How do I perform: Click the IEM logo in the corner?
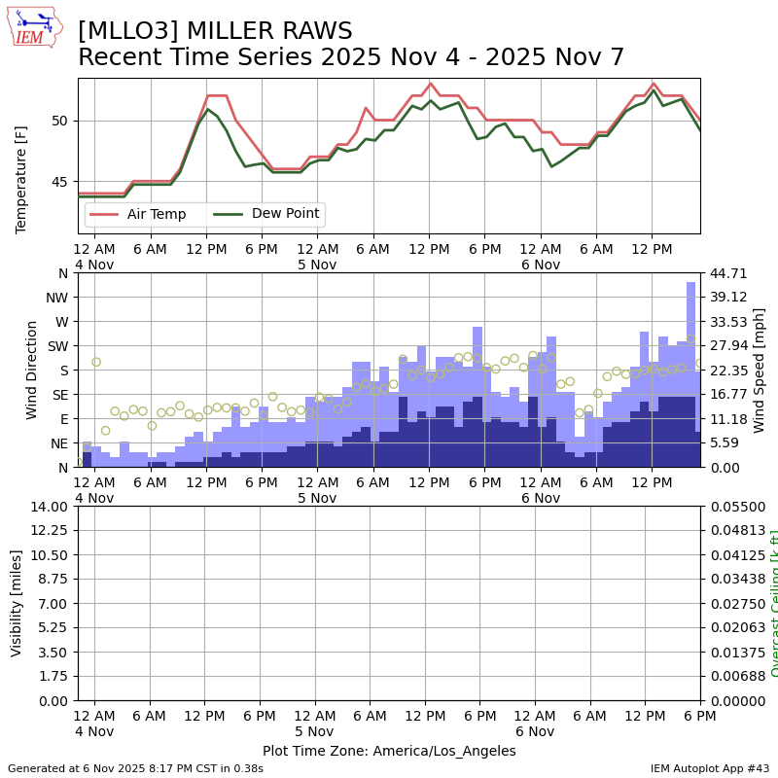pos(34,26)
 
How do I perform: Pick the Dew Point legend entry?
pos(265,214)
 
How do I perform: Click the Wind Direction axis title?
pos(32,370)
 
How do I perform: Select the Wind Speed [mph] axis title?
pos(760,370)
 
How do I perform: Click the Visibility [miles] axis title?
pos(17,603)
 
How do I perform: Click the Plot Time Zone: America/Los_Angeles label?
pos(389,751)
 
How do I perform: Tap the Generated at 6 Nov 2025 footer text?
pos(136,768)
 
